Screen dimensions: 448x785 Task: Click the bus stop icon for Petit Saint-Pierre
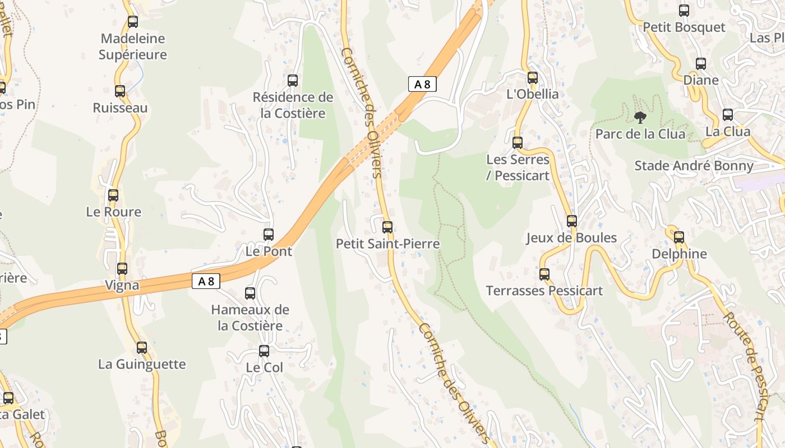point(387,227)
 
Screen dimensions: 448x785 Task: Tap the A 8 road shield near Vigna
point(206,281)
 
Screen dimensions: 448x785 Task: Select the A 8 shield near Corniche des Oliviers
point(422,84)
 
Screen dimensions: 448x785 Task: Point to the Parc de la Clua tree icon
point(639,117)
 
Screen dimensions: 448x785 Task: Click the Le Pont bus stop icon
point(269,235)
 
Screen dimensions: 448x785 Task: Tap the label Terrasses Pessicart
point(544,291)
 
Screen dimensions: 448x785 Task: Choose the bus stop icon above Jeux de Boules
point(571,221)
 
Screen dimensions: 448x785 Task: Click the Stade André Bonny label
point(694,166)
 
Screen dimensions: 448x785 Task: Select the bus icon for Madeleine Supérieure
point(133,22)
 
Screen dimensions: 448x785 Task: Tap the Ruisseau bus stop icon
point(120,91)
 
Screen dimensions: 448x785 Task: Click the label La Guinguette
point(142,364)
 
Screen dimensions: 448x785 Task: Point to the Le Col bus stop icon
point(264,351)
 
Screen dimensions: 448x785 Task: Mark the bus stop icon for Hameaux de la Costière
point(250,293)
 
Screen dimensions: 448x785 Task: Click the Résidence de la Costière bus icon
point(293,81)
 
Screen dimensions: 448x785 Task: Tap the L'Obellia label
point(533,94)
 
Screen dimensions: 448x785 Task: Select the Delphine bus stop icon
point(679,237)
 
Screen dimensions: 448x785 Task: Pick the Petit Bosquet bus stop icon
point(684,11)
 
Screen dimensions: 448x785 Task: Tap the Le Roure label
point(113,212)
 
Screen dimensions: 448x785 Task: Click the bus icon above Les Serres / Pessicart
point(518,143)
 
